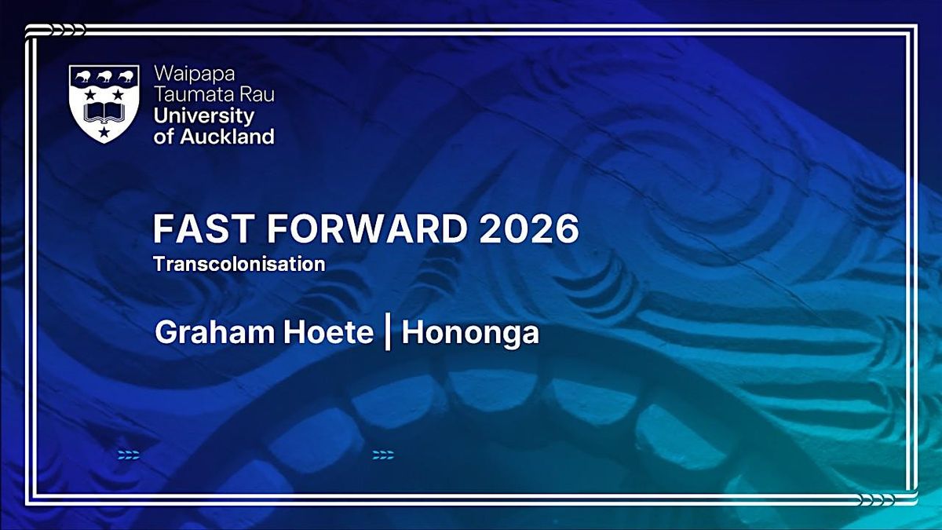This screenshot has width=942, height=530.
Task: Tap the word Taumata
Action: tap(192, 94)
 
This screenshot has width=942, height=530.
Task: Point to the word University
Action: tap(204, 116)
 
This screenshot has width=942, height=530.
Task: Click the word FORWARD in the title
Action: tap(367, 228)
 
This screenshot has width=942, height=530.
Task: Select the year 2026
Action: tap(529, 228)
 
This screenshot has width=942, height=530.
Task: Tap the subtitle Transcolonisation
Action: tap(239, 264)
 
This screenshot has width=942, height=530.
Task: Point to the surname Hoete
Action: tap(328, 332)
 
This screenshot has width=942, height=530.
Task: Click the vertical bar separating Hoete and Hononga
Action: tap(388, 332)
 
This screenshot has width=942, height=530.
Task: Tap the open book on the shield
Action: tap(104, 113)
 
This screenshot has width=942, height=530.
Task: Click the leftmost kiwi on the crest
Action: tap(83, 76)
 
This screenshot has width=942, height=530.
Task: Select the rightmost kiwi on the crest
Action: tap(126, 76)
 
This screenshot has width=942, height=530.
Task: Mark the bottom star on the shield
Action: tap(104, 132)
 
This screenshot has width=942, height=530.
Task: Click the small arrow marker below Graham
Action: tap(129, 455)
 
